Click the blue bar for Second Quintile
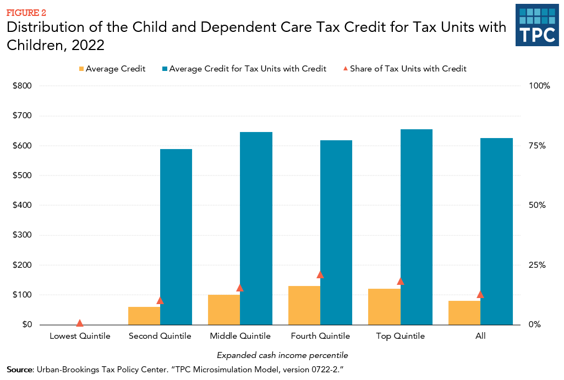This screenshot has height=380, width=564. pos(176,236)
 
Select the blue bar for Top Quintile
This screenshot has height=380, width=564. pos(417,227)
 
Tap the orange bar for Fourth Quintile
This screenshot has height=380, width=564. pos(304,305)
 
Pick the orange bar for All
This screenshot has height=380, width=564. pos(464,312)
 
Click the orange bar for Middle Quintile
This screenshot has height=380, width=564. pos(224,310)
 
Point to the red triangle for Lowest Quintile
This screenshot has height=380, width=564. pos(80,323)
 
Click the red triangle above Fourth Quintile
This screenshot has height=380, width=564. pos(320,274)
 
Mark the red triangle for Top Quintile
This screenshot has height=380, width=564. pos(401,281)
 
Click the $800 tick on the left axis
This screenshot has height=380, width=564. pos(23,86)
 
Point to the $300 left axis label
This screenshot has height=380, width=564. pos(23,235)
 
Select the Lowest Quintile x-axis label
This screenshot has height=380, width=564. pos(80,336)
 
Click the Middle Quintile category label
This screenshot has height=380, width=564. pos(240,336)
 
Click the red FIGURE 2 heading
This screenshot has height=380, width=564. pos(26,13)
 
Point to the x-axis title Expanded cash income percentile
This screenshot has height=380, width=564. pos(282,355)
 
